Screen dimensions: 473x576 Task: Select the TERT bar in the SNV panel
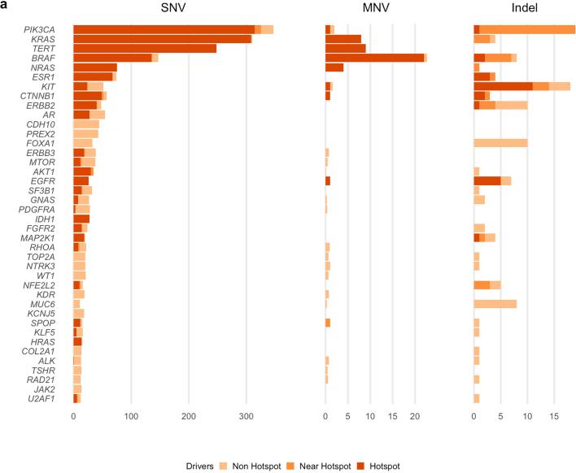point(145,48)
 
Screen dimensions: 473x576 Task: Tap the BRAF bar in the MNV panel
point(375,58)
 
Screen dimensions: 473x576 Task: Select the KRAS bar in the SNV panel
point(162,38)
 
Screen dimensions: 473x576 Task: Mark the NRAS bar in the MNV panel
point(334,67)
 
